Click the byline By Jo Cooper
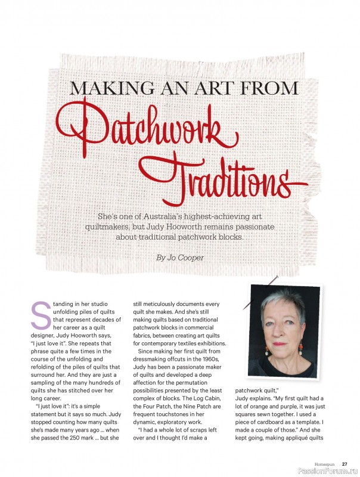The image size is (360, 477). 179,258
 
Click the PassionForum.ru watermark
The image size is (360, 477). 327,471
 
